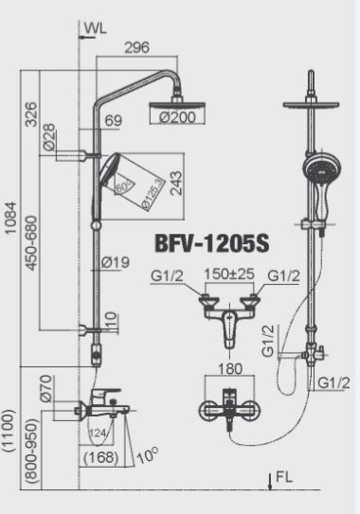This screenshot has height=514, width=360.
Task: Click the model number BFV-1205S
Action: pyautogui.click(x=212, y=243)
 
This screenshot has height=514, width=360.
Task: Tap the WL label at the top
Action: pyautogui.click(x=95, y=28)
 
